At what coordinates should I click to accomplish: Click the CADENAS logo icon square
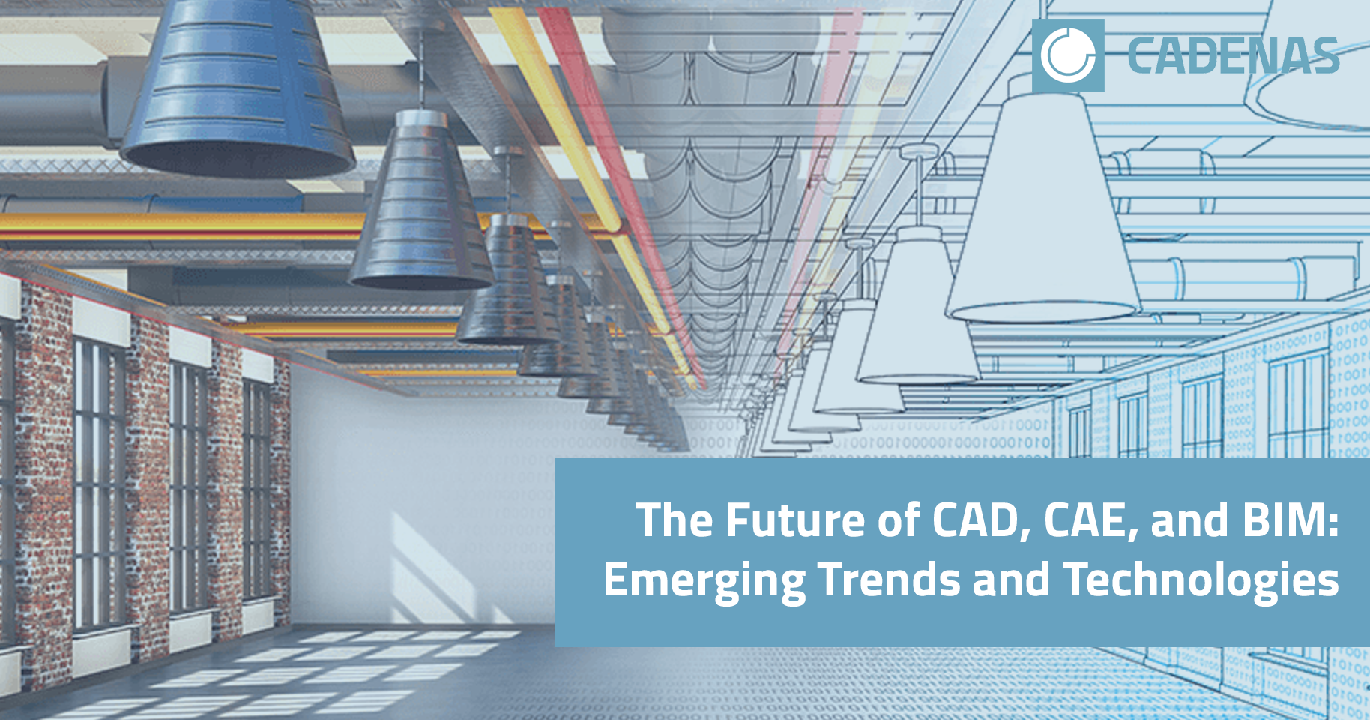(x=1068, y=55)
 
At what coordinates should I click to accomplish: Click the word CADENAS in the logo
(x=1233, y=57)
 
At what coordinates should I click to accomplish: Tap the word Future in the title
(x=794, y=520)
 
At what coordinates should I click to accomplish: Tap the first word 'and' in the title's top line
(x=1189, y=520)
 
